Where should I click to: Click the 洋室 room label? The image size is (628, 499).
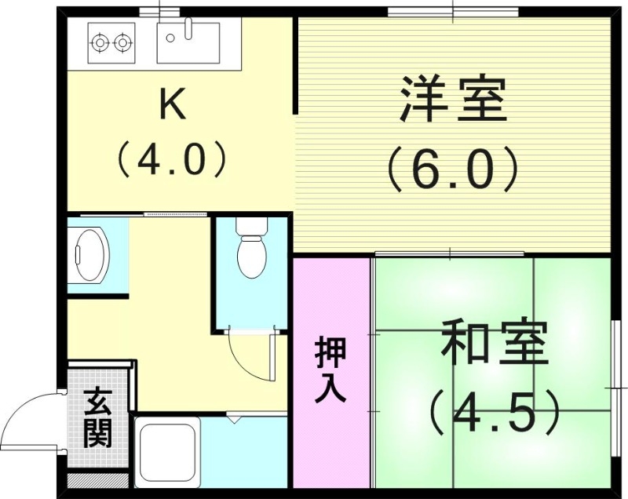[453, 99]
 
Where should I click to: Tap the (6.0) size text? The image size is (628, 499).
[453, 166]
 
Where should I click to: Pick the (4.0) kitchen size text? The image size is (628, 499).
[173, 159]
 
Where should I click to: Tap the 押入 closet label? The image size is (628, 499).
[330, 370]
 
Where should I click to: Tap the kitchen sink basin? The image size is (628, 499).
[188, 42]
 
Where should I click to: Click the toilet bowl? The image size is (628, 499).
[251, 257]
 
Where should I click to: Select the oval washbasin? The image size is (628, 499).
[90, 256]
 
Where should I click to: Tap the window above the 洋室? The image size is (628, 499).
[453, 11]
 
